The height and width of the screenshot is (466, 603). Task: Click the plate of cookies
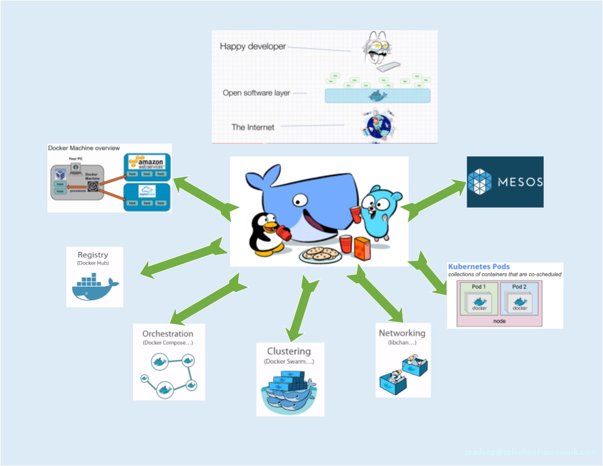click(320, 254)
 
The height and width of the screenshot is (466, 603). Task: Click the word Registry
click(93, 255)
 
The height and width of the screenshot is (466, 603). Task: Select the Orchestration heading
click(168, 334)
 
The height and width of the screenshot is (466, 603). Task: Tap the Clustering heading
click(289, 351)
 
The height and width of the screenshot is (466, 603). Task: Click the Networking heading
click(402, 333)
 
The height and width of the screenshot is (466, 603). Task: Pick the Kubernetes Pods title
click(479, 267)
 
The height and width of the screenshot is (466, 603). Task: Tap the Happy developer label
click(252, 46)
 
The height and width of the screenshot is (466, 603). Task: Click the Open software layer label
click(256, 93)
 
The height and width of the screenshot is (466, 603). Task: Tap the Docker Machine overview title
click(83, 148)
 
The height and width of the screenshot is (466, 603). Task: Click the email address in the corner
click(530, 452)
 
